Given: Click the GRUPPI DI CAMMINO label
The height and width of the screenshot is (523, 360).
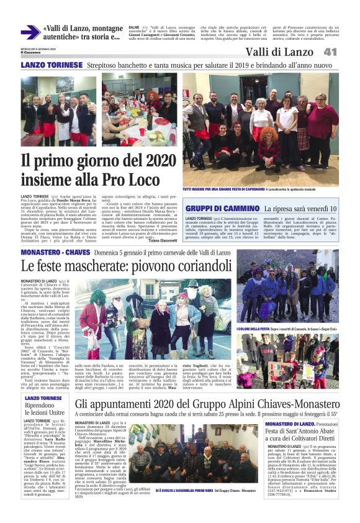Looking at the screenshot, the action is click(x=222, y=209).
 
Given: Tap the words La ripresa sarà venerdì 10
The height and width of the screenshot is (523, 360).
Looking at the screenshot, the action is click(x=300, y=209).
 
